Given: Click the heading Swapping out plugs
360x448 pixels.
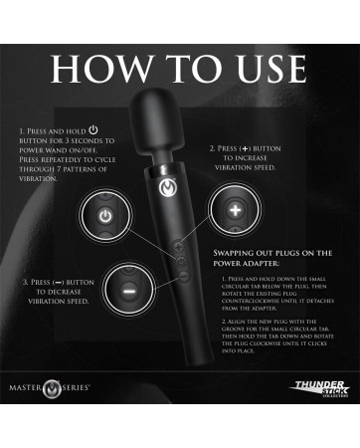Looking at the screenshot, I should [x=271, y=258].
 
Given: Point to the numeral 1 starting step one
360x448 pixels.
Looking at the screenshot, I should [x=22, y=130].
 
